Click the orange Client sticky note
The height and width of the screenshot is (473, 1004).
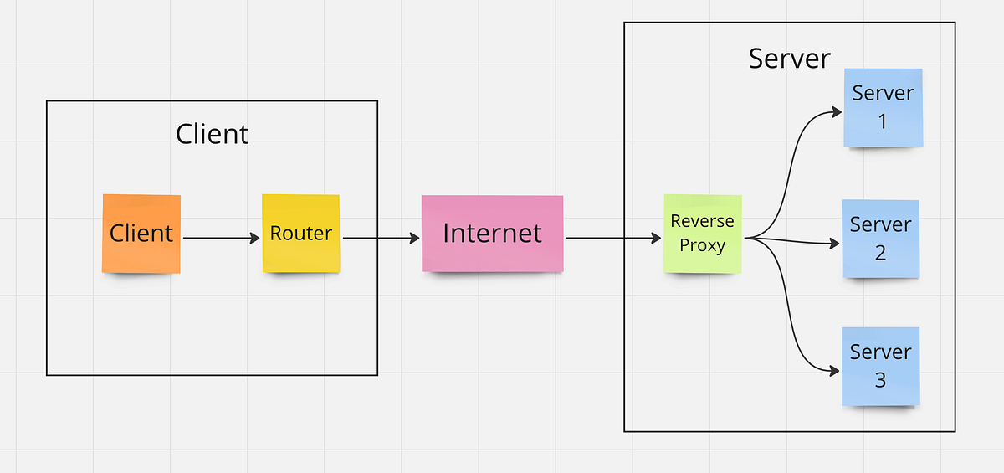pos(141,233)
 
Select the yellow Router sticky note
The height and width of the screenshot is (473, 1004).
pos(301,233)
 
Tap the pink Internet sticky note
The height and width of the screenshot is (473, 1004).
pos(492,233)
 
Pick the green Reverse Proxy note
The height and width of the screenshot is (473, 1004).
pos(703,233)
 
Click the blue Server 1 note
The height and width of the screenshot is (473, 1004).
pos(883,107)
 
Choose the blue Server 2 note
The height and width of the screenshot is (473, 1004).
pos(880,239)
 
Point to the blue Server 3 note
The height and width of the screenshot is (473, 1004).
pos(880,366)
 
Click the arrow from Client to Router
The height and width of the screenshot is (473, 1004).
pos(221,239)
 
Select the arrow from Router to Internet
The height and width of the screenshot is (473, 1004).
pos(381,239)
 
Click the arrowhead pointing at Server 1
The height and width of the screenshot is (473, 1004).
pos(834,111)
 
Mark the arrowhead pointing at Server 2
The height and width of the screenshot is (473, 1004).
pos(833,244)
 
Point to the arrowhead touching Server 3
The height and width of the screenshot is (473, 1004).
pos(834,370)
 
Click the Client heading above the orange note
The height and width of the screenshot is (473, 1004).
pos(213,134)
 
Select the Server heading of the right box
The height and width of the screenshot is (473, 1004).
pos(789,59)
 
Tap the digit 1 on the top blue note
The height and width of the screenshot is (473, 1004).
pos(882,122)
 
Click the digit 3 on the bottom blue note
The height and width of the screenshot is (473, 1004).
pos(880,380)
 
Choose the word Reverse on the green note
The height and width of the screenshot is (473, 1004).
pos(703,222)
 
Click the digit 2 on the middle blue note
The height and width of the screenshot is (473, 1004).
pos(880,252)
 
